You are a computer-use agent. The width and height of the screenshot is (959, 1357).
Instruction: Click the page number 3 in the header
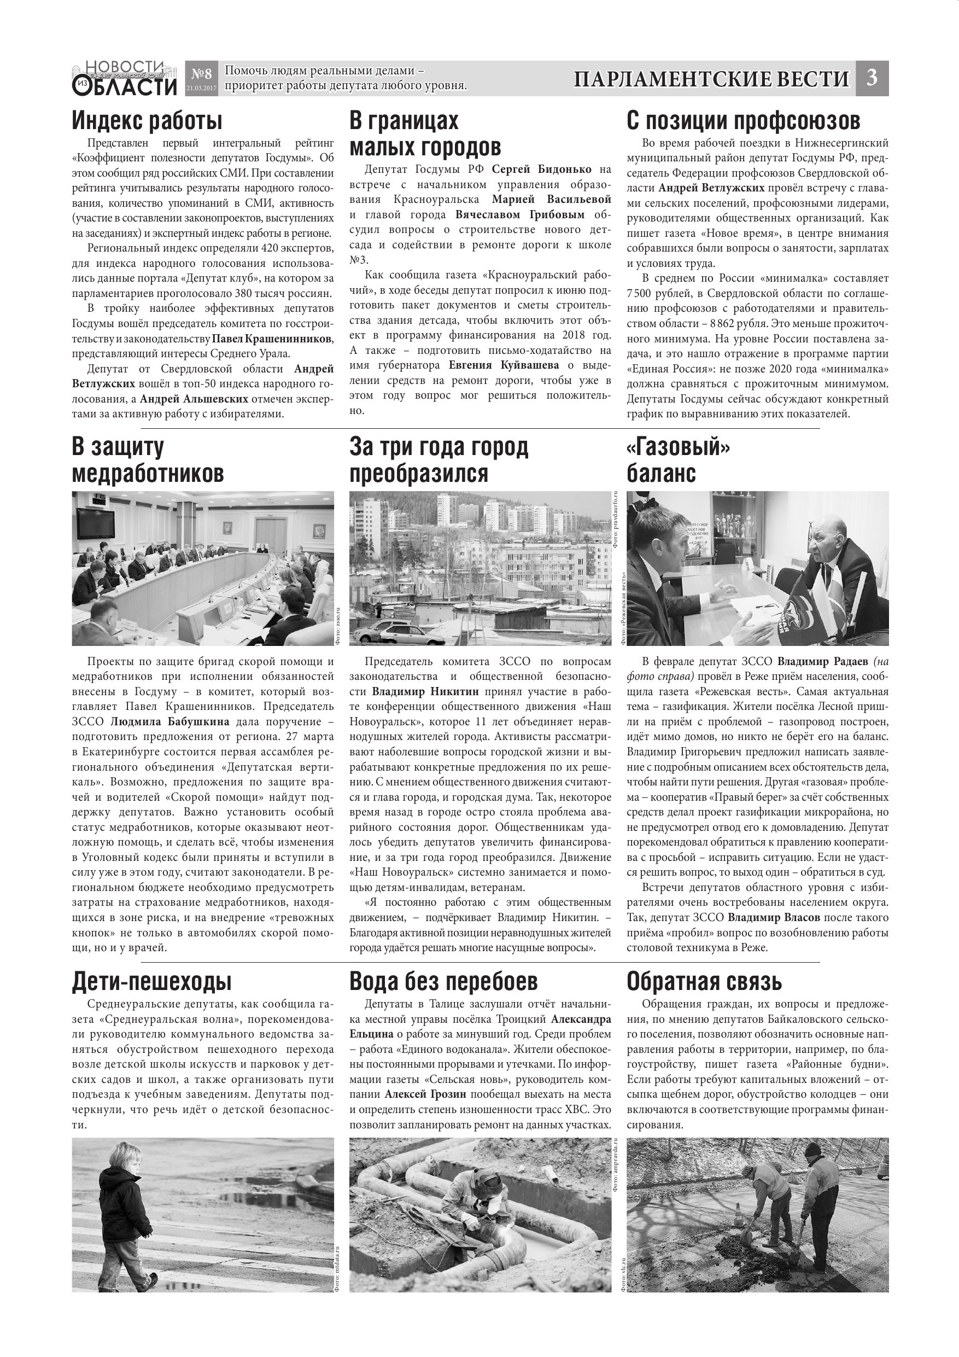(872, 78)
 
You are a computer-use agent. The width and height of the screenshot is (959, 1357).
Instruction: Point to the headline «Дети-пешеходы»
(152, 981)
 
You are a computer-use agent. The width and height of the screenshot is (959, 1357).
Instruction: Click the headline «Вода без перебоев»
(443, 981)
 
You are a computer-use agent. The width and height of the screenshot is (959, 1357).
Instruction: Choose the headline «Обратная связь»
(704, 981)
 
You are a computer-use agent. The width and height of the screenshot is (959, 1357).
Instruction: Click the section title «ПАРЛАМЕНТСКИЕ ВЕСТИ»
(711, 79)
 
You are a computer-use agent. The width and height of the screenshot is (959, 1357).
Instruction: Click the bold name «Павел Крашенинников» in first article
(272, 339)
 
